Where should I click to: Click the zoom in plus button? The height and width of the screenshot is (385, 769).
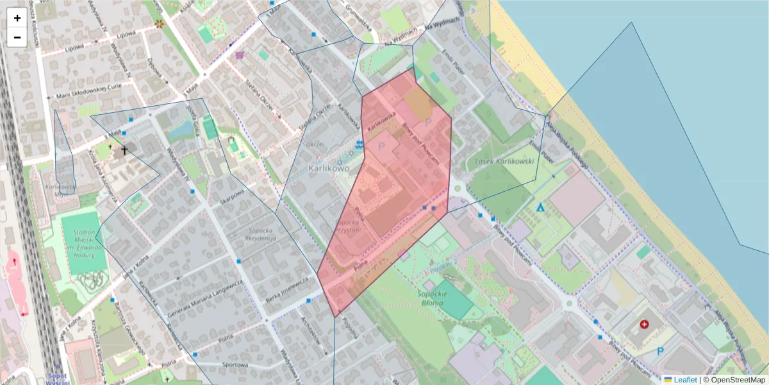(x=17, y=18)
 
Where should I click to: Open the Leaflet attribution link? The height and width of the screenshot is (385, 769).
(x=685, y=380)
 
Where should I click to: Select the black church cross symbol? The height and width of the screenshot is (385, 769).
(x=124, y=151)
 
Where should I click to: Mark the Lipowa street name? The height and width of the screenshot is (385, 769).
(x=127, y=35)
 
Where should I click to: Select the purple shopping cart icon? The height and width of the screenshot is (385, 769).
(x=240, y=55)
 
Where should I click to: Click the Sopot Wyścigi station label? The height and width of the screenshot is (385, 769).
(x=58, y=378)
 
